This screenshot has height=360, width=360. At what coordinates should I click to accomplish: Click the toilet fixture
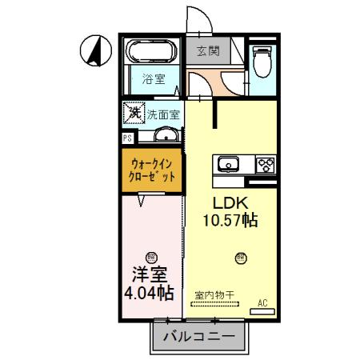point(262,60)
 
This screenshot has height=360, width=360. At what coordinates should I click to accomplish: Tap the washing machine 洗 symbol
point(133,113)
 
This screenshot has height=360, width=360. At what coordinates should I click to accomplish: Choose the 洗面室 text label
point(162,114)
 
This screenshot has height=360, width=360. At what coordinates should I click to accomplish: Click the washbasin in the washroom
point(166,134)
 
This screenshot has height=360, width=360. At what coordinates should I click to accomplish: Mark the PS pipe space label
point(126,138)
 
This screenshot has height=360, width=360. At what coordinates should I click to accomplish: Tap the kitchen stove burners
point(265,165)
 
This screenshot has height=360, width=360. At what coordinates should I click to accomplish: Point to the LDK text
point(229,203)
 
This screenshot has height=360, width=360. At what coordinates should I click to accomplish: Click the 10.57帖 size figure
point(229,221)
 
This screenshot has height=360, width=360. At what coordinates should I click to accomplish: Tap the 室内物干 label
point(214,294)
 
